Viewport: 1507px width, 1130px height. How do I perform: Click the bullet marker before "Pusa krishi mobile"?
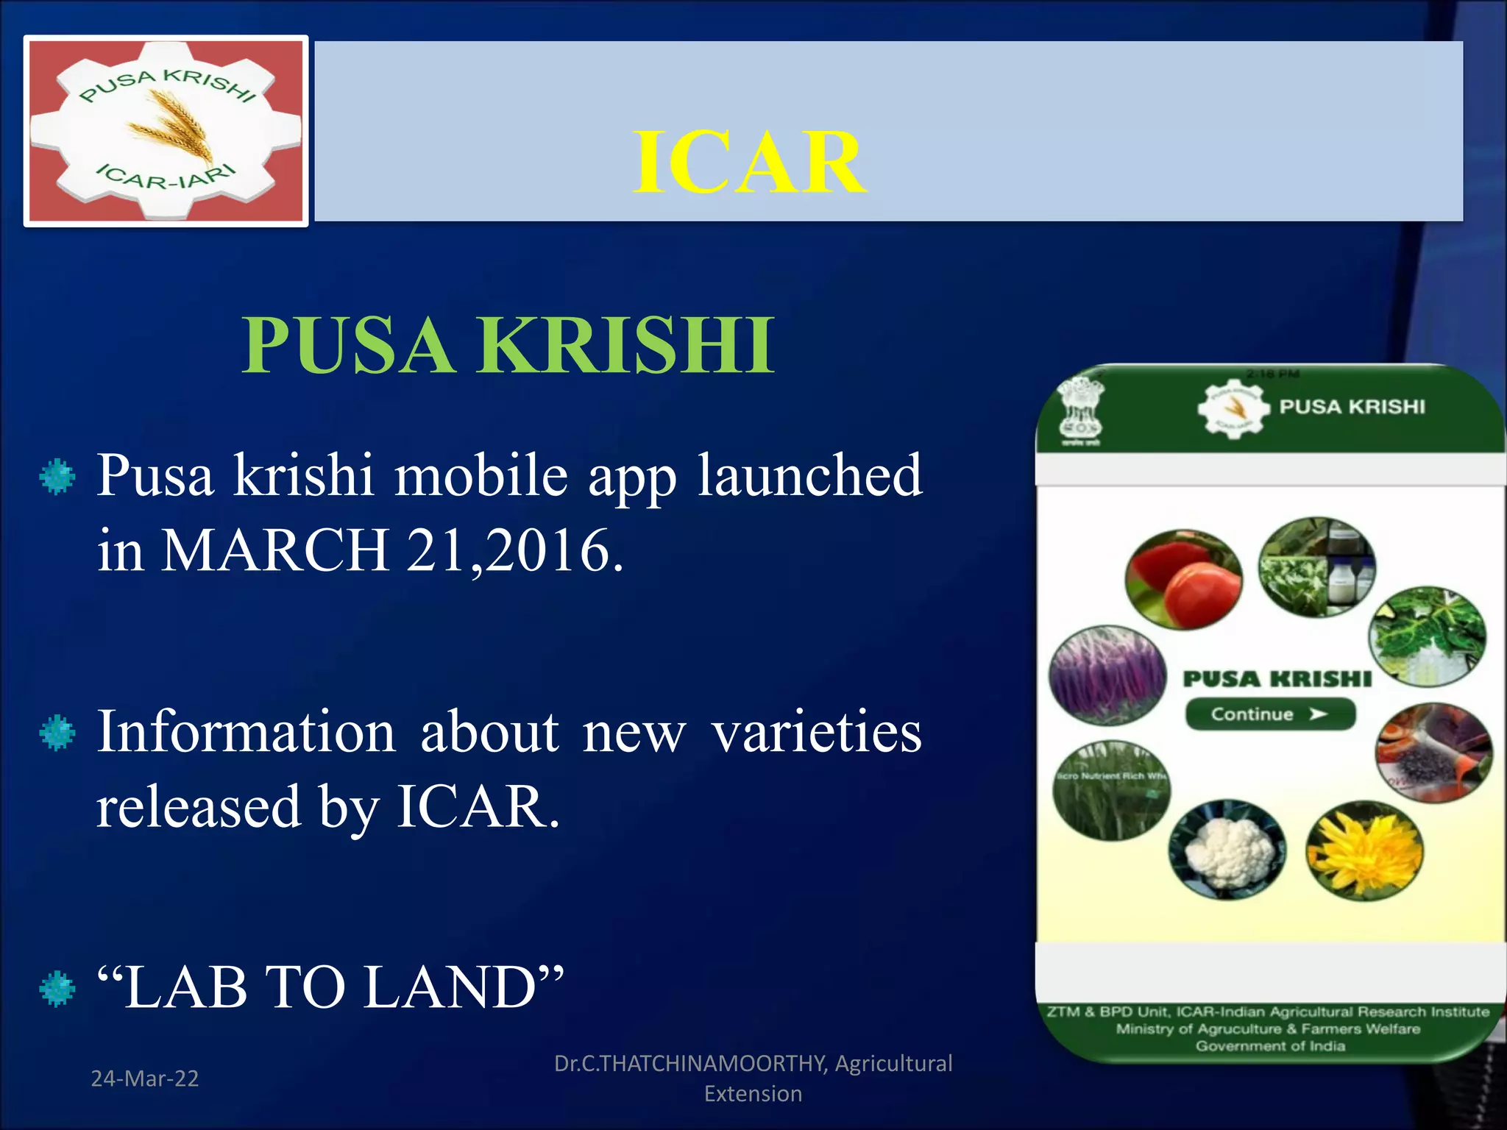[x=57, y=477]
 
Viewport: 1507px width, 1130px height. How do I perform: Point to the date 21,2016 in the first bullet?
[x=514, y=550]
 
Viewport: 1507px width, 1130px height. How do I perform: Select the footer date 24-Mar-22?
[x=145, y=1079]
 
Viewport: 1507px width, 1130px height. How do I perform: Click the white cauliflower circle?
[x=1227, y=850]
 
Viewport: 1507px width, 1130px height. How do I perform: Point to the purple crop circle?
[x=1107, y=675]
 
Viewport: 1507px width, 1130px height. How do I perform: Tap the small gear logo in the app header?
[x=1233, y=408]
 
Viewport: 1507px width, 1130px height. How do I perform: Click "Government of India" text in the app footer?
[x=1270, y=1046]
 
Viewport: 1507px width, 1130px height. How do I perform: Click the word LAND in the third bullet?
[x=464, y=988]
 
